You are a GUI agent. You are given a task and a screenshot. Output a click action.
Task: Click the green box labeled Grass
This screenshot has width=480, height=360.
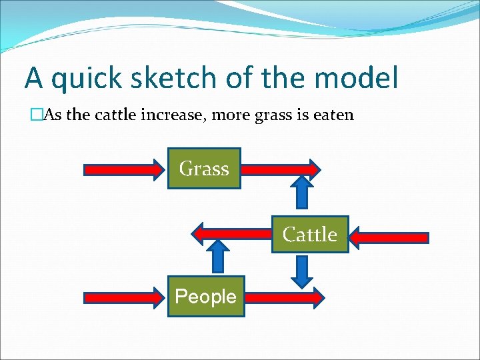tap(204, 169)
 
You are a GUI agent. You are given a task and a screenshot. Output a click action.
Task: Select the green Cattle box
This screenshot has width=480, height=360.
tap(310, 235)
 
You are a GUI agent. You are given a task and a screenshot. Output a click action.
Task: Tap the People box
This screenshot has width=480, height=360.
tap(205, 296)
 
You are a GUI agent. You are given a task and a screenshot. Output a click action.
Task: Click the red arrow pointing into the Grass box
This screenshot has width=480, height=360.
tap(123, 169)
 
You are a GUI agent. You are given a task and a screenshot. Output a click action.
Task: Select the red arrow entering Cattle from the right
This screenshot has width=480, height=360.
tap(389, 237)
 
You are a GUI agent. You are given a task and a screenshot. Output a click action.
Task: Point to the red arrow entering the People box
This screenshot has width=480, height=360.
tap(123, 297)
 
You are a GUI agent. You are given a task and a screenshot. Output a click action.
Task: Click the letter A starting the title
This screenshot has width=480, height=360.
tap(33, 79)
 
